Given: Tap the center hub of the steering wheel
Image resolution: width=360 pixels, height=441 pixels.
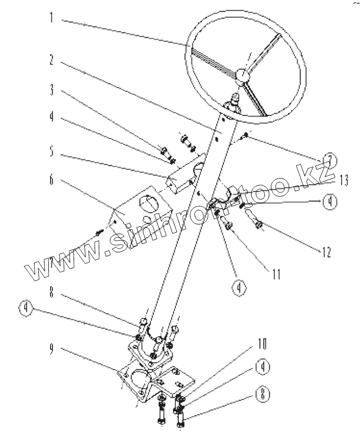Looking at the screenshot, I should [242, 76].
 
